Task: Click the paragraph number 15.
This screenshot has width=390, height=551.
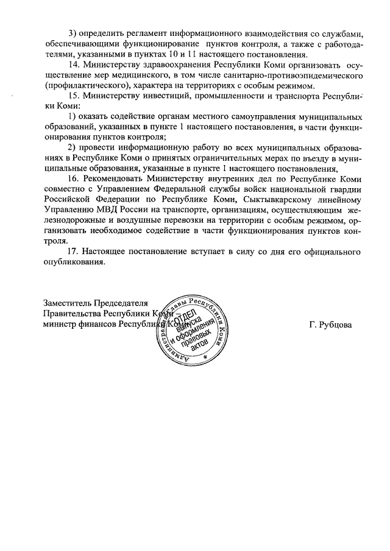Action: (74, 97)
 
